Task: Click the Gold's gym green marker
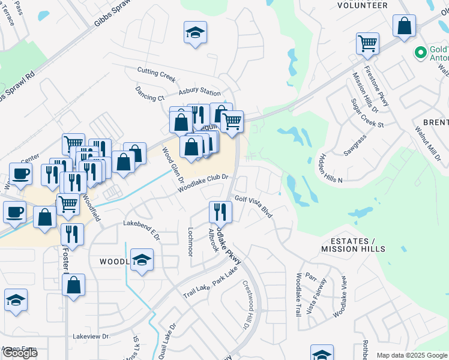point(420,53)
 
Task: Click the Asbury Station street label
point(200,92)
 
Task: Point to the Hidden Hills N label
point(330,163)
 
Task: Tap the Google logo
point(20,352)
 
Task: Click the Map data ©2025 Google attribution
point(412,355)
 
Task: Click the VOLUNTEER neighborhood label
point(362,5)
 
